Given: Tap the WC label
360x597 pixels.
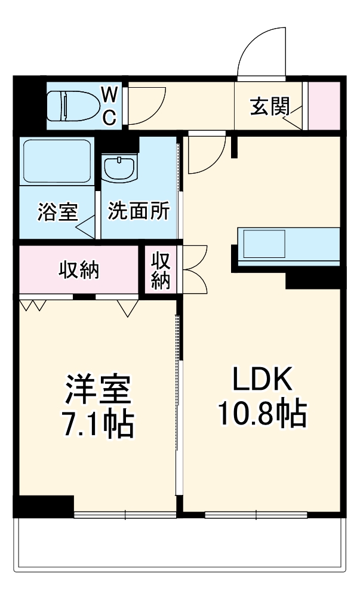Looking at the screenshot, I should [x=109, y=106].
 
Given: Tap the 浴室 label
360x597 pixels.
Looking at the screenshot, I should [x=57, y=212].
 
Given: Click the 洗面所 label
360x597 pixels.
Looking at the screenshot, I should [x=139, y=211].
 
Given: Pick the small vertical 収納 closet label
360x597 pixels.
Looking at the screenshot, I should [x=161, y=270].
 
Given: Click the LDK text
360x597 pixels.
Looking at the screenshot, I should [x=261, y=378].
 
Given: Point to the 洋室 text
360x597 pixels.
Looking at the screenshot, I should [x=97, y=389].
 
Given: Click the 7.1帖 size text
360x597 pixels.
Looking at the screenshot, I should [x=97, y=424].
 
